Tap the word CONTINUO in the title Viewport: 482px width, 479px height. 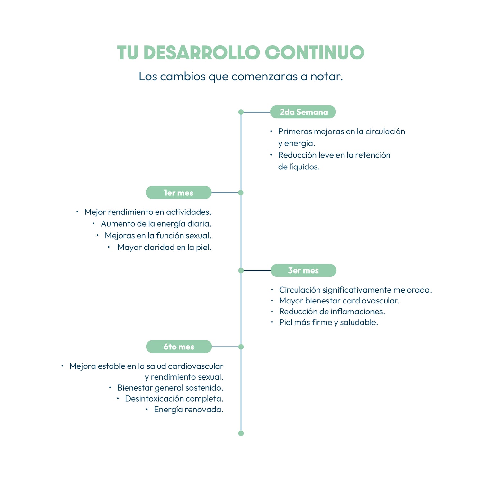tap(315, 53)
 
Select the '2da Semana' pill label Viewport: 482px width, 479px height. tap(303, 112)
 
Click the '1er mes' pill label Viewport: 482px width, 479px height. tap(179, 193)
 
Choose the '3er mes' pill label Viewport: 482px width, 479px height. tap(303, 270)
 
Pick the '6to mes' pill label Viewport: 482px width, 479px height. tap(179, 347)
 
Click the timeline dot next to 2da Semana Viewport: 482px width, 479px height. tap(241, 112)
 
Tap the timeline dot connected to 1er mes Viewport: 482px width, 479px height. tap(241, 193)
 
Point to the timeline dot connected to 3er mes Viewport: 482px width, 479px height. tap(241, 270)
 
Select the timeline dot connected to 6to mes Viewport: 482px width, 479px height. tap(241, 347)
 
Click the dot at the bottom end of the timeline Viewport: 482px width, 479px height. tap(241, 433)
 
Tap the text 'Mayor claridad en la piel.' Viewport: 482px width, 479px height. tap(165, 247)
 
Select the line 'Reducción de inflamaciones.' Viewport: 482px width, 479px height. tap(332, 312)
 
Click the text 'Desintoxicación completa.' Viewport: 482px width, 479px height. tap(174, 399)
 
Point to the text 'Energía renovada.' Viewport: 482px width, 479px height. tap(189, 410)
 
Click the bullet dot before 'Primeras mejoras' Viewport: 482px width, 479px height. tap(271, 131)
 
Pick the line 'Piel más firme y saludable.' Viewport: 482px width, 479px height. tap(328, 322)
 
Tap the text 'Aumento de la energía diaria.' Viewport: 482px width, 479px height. tap(156, 224)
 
